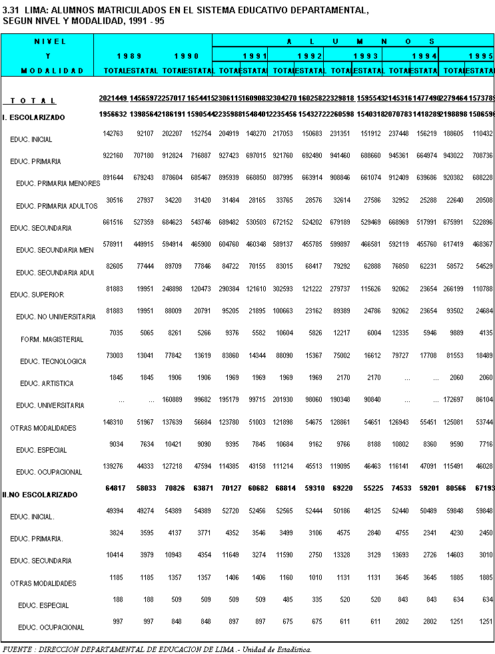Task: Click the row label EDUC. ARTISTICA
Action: coord(47,383)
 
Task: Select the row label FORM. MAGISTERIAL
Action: coord(52,339)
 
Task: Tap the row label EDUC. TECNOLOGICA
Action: coord(53,361)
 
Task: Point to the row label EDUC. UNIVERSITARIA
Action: coord(50,405)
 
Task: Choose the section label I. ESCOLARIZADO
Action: coord(34,117)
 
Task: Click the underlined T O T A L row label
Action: coord(33,101)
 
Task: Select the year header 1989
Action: coord(129,56)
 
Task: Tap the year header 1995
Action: coord(480,56)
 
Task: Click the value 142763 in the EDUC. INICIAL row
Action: coord(112,134)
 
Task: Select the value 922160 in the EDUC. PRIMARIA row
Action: coord(112,156)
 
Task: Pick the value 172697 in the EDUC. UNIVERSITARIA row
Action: coord(454,400)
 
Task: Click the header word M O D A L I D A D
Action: coord(52,71)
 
